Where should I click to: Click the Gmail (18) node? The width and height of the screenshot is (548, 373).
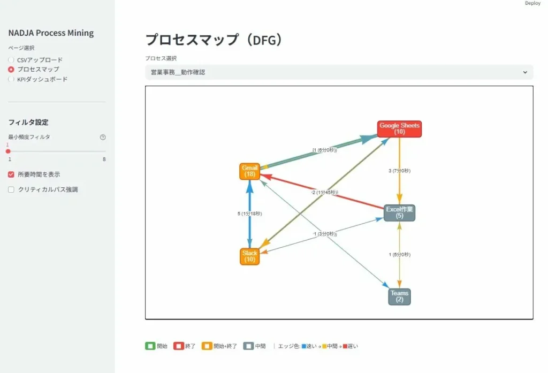click(x=249, y=171)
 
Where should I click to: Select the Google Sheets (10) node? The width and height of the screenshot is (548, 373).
click(x=399, y=129)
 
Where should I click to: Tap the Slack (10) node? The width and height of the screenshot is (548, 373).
click(x=249, y=256)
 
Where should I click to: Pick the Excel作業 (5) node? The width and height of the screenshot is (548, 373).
click(x=399, y=212)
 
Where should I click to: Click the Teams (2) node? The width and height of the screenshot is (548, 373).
click(x=399, y=296)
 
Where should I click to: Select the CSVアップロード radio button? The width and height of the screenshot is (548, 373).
click(x=11, y=60)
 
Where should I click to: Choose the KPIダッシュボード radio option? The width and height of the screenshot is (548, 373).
click(x=11, y=79)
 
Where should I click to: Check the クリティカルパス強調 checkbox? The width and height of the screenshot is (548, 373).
click(x=11, y=189)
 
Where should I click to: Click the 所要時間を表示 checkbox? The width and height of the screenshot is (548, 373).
click(x=11, y=174)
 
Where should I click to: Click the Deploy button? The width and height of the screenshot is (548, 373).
click(x=532, y=3)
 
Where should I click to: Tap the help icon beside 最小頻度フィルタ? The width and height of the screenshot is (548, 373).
click(x=103, y=137)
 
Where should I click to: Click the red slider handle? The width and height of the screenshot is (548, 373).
click(x=8, y=151)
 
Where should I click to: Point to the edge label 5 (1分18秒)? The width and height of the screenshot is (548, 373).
click(x=249, y=214)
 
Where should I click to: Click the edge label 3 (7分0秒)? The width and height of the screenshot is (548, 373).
click(x=399, y=171)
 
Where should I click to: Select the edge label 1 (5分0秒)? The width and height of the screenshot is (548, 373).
click(x=399, y=255)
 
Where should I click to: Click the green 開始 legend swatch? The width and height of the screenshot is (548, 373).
click(x=150, y=346)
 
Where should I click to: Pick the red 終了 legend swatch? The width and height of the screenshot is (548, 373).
click(x=178, y=346)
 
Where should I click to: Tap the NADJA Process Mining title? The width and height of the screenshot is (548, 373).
click(x=51, y=33)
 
